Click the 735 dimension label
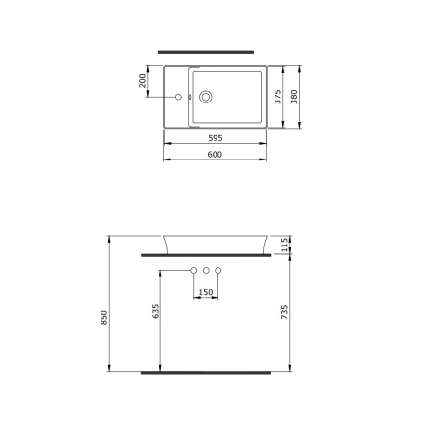tap(284, 310)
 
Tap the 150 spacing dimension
tap(206, 291)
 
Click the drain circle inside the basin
tap(205, 96)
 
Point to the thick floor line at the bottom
tap(206, 371)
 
